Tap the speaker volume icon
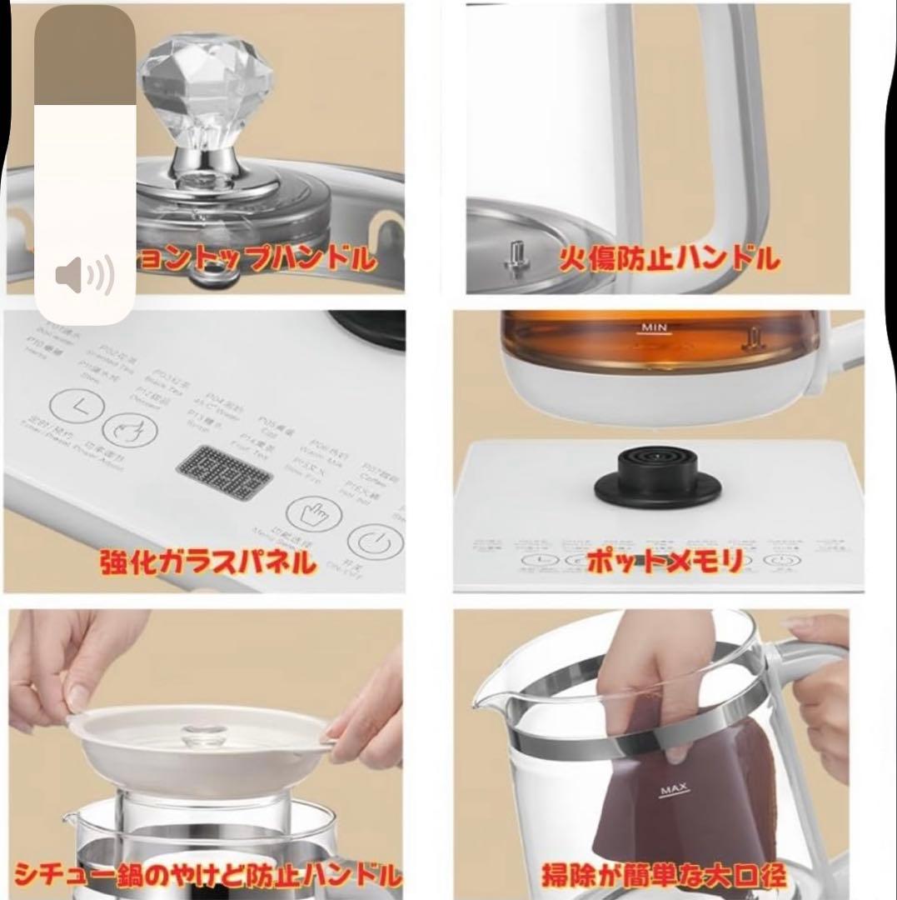(x=84, y=276)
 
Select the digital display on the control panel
(x=223, y=472)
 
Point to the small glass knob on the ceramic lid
(x=199, y=734)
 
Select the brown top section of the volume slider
(x=84, y=55)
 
